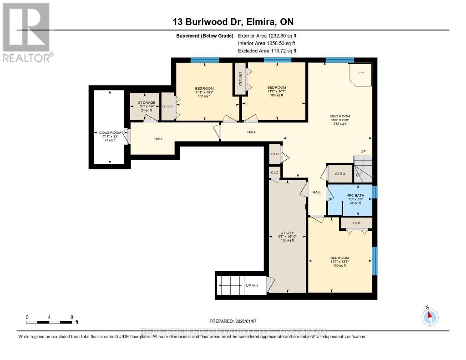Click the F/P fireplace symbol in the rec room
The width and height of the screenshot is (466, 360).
pos(361,73)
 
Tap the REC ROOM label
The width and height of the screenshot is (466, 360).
pos(340,116)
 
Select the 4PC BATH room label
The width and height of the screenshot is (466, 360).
pos(350,195)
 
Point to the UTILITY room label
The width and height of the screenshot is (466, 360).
pos(287,233)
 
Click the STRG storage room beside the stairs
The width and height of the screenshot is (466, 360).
pos(340,174)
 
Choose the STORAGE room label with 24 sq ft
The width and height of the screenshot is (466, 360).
pos(147,103)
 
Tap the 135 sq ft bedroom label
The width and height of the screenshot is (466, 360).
pos(340,258)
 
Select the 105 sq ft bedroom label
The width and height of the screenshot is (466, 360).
pos(204,88)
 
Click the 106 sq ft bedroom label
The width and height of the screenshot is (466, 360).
pos(276,87)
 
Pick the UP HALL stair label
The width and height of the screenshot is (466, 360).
pos(252,285)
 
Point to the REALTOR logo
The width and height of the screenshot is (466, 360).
pos(27,32)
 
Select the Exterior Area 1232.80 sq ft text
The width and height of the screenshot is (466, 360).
pos(267,35)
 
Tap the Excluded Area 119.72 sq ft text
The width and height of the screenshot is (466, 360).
pos(267,51)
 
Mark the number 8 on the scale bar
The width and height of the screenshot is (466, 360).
pos(71,317)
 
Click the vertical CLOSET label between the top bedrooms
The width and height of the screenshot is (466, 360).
pos(240,79)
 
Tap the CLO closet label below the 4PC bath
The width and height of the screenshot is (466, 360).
pos(357,223)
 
